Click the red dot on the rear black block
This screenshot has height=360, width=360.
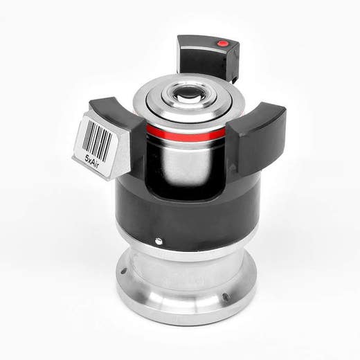tap(222, 44)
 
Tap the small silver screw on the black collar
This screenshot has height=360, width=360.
tap(159, 241)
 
